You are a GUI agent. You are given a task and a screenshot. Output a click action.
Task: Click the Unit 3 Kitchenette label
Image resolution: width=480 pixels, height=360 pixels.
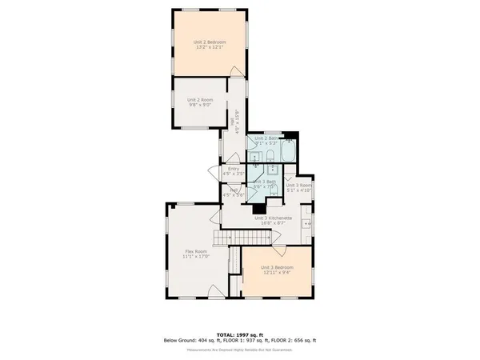click(273, 218)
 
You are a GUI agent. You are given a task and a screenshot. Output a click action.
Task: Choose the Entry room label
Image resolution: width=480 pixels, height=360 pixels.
click(233, 168)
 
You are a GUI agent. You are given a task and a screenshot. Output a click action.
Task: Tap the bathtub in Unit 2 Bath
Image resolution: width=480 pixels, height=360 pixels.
click(288, 150)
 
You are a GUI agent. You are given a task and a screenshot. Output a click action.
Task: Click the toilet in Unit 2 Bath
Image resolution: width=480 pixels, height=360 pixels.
click(270, 154)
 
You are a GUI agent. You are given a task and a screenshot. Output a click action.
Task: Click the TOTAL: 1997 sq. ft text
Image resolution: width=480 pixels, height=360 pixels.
click(240, 334)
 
